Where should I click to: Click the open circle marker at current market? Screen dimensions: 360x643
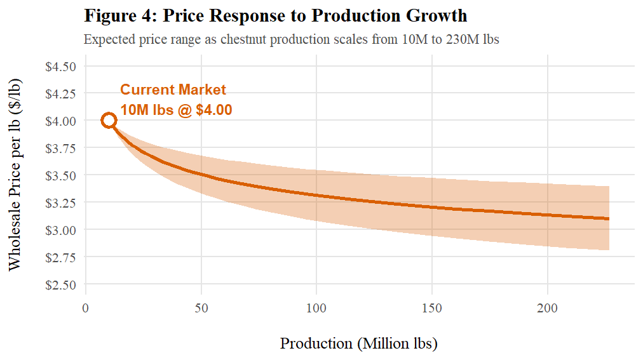click(109, 121)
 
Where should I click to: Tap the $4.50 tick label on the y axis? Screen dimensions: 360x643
click(61, 66)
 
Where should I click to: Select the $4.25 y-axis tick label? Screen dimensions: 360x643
click(61, 93)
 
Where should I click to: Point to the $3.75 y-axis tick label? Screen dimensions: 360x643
click(61, 148)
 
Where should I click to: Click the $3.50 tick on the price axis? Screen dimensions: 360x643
click(61, 175)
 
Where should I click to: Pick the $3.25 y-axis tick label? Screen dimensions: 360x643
click(61, 203)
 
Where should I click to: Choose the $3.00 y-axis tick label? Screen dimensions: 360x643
click(61, 230)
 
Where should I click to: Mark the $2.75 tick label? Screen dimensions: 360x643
click(61, 257)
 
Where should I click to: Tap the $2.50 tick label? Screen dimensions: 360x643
click(61, 284)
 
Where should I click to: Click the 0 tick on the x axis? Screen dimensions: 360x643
click(86, 309)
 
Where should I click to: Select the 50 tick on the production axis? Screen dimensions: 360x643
click(201, 309)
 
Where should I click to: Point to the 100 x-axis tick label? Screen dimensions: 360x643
click(316, 309)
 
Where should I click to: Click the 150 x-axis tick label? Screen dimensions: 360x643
click(432, 309)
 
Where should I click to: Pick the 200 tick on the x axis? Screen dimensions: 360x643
click(548, 309)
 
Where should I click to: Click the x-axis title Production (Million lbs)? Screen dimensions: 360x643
click(359, 343)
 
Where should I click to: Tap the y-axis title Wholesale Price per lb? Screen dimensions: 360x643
click(15, 175)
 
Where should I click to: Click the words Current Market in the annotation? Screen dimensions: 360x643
click(173, 90)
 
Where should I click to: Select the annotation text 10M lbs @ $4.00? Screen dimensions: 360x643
click(176, 110)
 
